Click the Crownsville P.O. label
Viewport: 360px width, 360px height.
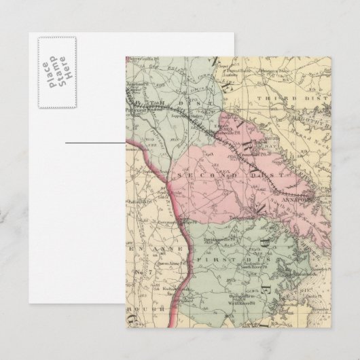pyautogui.click(x=244, y=155)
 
